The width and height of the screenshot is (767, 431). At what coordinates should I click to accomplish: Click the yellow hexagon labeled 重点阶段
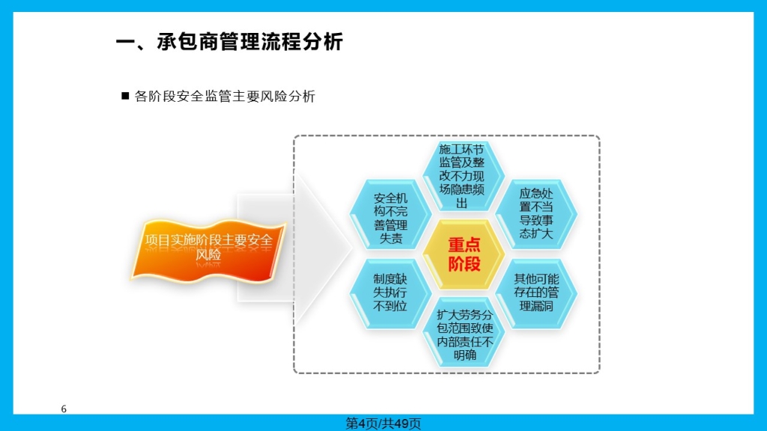point(463,254)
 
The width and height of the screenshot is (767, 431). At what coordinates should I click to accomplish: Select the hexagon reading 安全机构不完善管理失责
point(390,215)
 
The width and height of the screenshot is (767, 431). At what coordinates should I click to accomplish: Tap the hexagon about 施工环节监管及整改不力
point(463,176)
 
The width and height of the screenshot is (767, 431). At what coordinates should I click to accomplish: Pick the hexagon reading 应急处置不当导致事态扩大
point(536,215)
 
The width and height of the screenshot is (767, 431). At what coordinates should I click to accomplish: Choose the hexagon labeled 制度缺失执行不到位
point(390,293)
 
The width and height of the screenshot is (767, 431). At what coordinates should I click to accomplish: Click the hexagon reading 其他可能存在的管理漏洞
point(536,293)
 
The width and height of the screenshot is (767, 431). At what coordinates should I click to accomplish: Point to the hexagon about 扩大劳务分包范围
point(463,332)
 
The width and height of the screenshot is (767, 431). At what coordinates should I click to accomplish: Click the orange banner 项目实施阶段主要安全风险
point(208,250)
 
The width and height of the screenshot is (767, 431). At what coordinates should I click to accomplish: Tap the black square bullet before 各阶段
point(125,96)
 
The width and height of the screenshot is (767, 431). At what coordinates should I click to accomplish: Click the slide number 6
point(64,409)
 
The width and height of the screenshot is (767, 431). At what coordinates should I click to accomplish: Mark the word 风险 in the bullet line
point(274,97)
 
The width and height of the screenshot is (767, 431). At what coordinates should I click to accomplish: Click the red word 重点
point(464,245)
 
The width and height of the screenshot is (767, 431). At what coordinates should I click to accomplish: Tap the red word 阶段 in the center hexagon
point(464,264)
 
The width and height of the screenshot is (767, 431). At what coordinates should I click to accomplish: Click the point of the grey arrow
point(352,247)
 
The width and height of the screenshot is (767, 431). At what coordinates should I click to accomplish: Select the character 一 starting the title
point(125,42)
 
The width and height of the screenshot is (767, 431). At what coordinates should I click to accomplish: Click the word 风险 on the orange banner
point(208,254)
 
